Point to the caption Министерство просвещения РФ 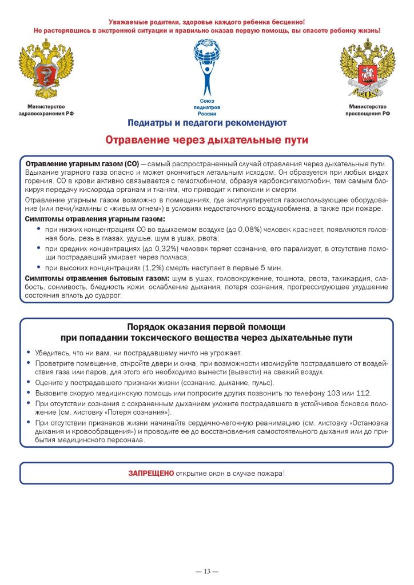(x=367, y=110)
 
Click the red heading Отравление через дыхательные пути (x=207, y=140)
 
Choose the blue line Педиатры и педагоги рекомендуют (x=207, y=122)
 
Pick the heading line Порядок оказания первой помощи (x=206, y=327)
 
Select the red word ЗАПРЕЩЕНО (x=150, y=474)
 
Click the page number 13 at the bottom (x=207, y=572)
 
